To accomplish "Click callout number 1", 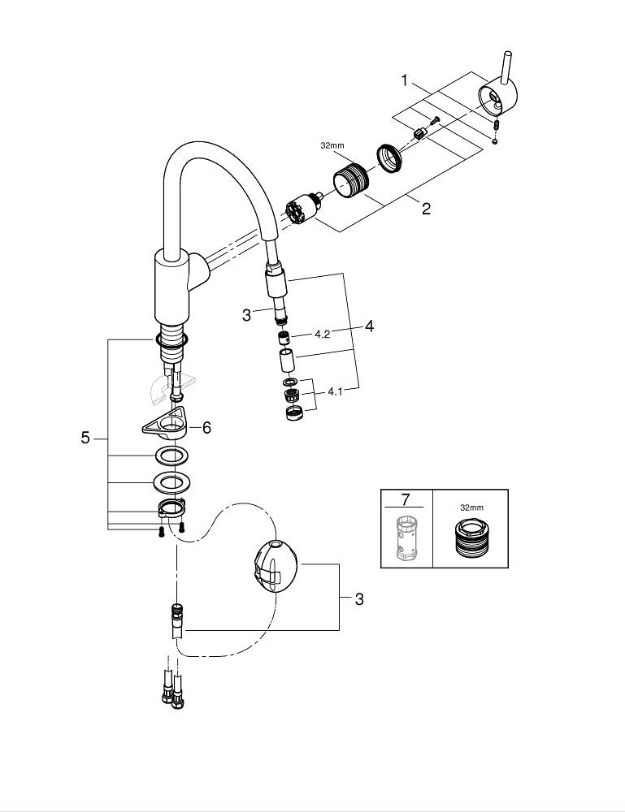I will pyautogui.click(x=403, y=80).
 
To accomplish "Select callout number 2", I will pyautogui.click(x=426, y=209).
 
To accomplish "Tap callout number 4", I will pyautogui.click(x=369, y=326).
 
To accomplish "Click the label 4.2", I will pyautogui.click(x=322, y=334).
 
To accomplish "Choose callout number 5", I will pyautogui.click(x=85, y=438).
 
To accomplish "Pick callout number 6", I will pyautogui.click(x=206, y=427).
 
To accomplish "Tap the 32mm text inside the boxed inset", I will pyautogui.click(x=471, y=507).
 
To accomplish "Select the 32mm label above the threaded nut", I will pyautogui.click(x=332, y=146).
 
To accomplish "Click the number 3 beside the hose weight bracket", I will pyautogui.click(x=358, y=599).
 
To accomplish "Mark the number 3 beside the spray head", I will pyautogui.click(x=246, y=315).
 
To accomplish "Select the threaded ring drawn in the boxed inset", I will pyautogui.click(x=470, y=540).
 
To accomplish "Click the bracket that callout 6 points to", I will pyautogui.click(x=166, y=422).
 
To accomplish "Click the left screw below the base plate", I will pyautogui.click(x=162, y=531).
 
